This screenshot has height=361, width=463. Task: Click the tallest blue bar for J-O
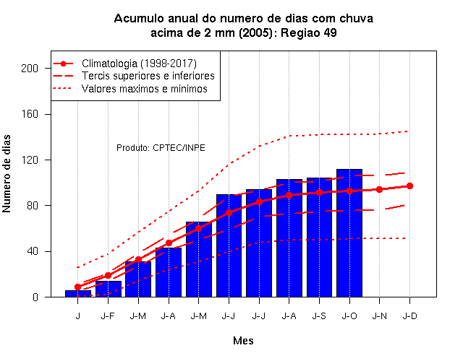349,232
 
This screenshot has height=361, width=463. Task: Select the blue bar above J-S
319,238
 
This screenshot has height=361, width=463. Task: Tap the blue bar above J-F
108,289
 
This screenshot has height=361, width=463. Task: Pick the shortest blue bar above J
78,294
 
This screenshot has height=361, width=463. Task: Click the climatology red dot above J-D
409,186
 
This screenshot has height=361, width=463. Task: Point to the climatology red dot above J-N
379,189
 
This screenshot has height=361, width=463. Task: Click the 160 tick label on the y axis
30,114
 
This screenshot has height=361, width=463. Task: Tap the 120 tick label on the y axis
30,160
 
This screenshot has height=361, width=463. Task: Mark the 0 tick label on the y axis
35,297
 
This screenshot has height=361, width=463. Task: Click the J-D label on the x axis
409,316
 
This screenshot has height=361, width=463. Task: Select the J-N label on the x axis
379,316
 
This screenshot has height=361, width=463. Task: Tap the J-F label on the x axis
108,316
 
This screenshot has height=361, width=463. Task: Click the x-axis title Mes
243,341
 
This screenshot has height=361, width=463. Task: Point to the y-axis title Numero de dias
7,173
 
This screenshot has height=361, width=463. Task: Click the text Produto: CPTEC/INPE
161,147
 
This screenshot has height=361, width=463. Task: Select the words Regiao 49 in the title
309,32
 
